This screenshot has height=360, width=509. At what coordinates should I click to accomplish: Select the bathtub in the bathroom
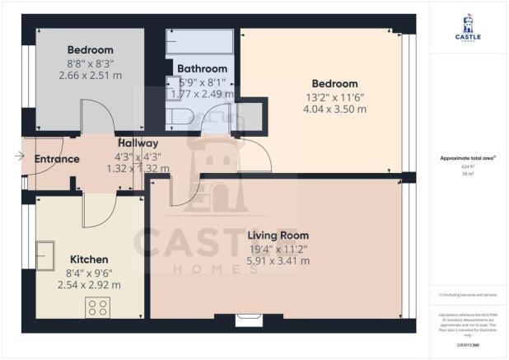200,43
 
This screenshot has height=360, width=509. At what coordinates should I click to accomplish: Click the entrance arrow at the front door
19,156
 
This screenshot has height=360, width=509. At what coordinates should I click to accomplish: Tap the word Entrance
56,159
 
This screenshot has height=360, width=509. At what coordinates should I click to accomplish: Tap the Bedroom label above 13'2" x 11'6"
334,83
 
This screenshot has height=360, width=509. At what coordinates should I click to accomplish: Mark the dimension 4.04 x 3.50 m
334,109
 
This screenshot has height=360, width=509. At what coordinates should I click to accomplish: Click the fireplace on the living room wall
245,320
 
